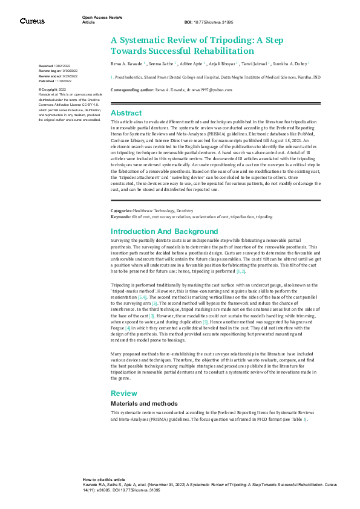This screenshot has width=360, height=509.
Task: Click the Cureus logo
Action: click(33, 21)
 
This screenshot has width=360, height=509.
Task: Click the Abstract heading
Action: click(126, 113)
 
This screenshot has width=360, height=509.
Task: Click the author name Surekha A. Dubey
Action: click(292, 62)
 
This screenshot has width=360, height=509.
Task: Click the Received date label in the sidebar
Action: click(45, 65)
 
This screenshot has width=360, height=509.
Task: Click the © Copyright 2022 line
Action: click(53, 89)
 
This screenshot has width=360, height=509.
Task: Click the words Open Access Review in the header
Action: click(102, 18)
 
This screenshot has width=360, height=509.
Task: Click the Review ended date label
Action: click(49, 76)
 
